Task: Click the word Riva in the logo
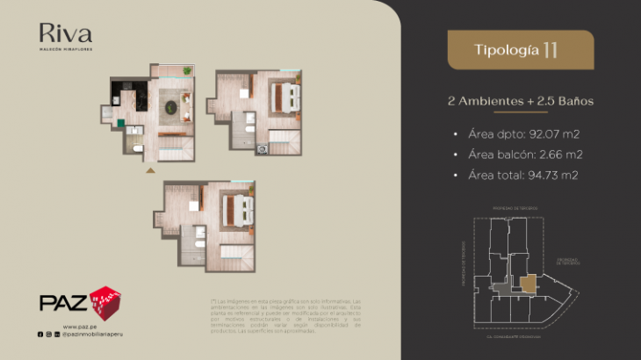click(x=65, y=34)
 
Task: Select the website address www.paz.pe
click(x=79, y=326)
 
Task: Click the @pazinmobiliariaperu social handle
click(x=91, y=335)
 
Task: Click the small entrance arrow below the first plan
click(x=150, y=169)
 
